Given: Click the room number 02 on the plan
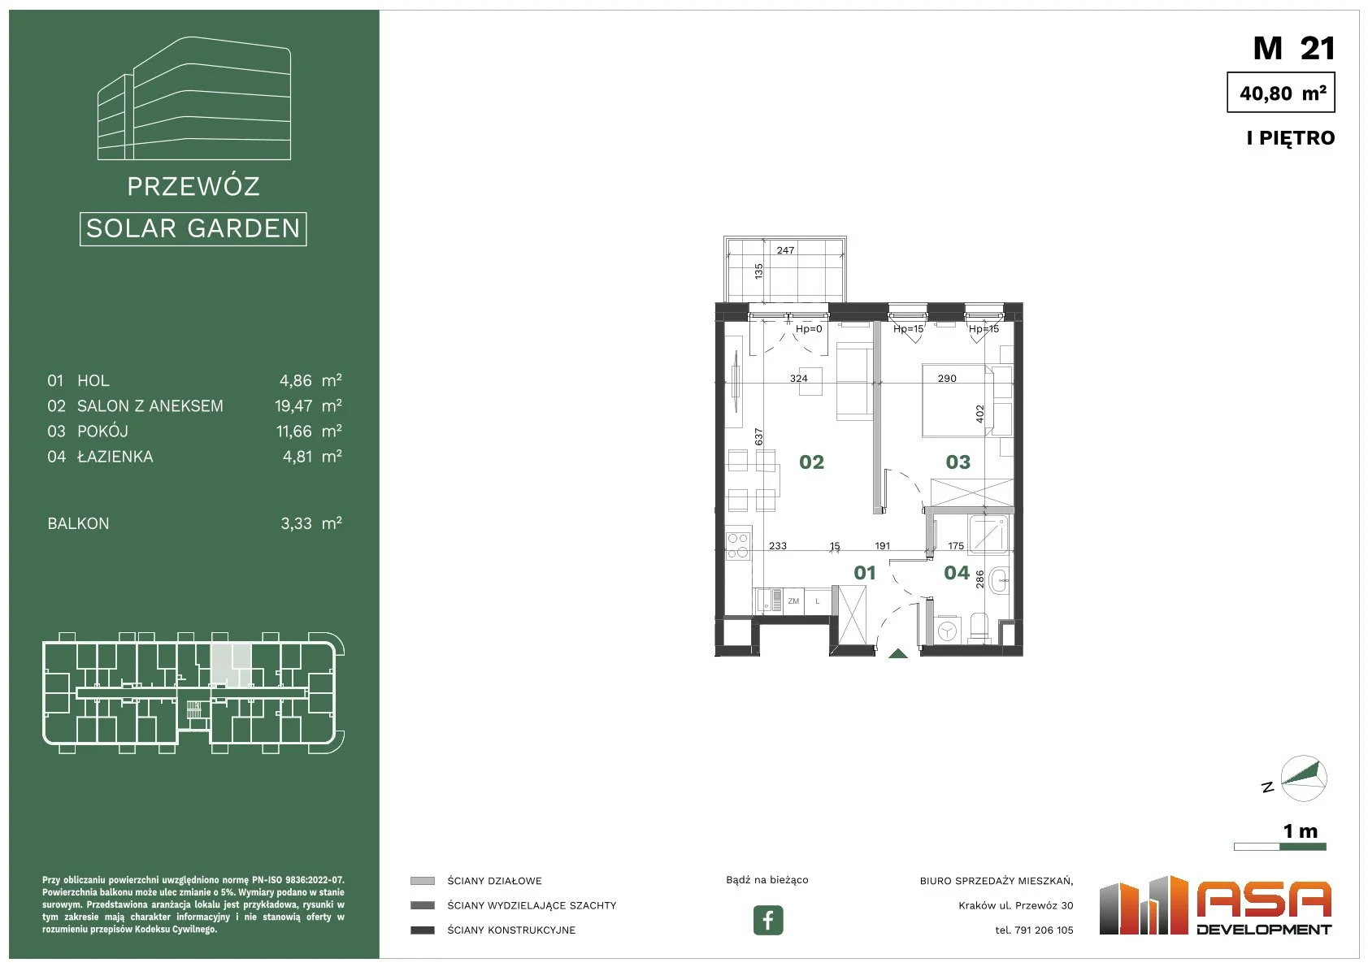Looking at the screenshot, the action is click(x=811, y=462).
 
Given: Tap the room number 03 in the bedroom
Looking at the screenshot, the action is click(x=958, y=462).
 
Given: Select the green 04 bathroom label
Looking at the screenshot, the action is click(x=957, y=573).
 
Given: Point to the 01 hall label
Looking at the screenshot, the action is click(x=864, y=573).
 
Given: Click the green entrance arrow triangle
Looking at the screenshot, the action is click(x=897, y=654).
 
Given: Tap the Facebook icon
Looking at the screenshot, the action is click(x=767, y=920).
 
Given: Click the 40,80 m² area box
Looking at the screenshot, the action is click(x=1281, y=93).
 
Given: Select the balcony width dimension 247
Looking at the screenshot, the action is click(x=785, y=250).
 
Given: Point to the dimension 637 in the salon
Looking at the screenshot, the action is click(x=758, y=436).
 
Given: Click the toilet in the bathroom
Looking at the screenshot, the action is click(x=979, y=628).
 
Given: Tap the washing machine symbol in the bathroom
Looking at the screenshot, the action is click(x=947, y=631).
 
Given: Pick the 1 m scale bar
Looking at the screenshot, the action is click(x=1279, y=847).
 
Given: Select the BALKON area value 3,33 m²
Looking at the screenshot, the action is click(x=311, y=523).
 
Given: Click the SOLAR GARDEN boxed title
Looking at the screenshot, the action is click(x=193, y=229).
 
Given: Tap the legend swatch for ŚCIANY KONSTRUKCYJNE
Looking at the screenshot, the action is click(x=422, y=930).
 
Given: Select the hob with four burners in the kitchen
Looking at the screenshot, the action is click(x=738, y=546).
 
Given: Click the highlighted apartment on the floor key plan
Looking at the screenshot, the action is click(x=231, y=665).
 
